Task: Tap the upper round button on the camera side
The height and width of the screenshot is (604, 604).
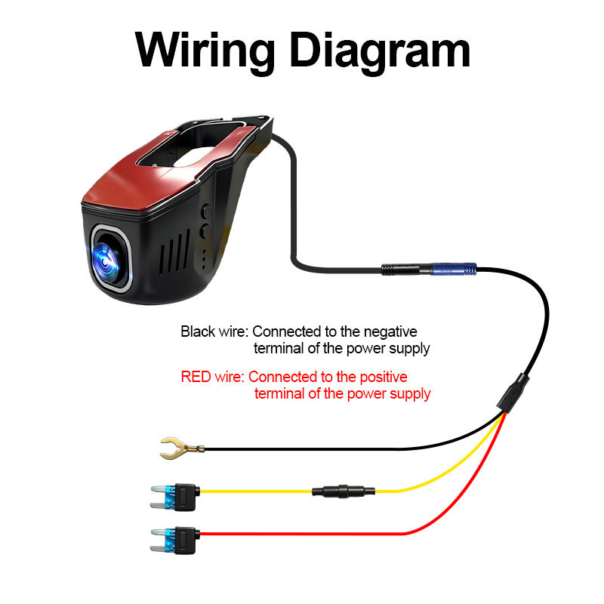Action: [205, 212]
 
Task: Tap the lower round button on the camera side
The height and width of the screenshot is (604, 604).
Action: [205, 232]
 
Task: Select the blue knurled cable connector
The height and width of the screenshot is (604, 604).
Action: [453, 268]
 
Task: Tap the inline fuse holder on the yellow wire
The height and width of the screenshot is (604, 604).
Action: [344, 492]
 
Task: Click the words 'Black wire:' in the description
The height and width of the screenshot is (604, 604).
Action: [214, 331]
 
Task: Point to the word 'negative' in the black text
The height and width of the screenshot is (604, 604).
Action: [390, 331]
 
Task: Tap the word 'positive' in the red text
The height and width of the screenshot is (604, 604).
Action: [382, 377]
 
